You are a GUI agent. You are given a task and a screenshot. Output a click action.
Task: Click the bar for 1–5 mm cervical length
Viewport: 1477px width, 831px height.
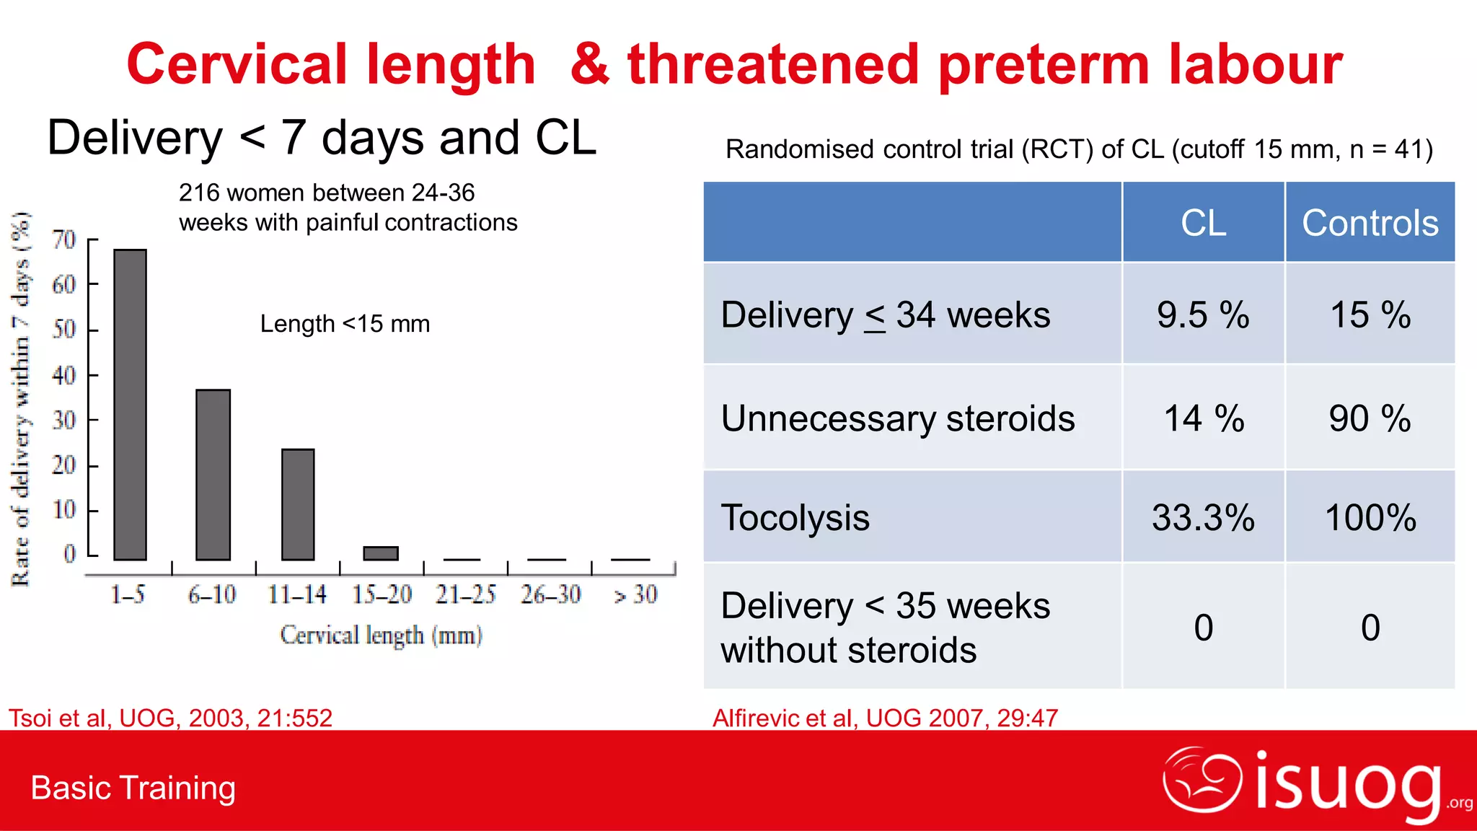[131, 405]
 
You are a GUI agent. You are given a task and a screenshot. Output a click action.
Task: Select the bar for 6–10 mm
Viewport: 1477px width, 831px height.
[213, 475]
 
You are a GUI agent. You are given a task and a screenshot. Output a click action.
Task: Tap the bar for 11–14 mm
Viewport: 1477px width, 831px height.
[298, 504]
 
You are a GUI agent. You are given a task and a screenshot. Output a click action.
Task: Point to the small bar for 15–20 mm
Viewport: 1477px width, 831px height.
[381, 553]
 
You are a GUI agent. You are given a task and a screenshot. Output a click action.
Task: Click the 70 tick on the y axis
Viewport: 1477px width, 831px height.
[64, 240]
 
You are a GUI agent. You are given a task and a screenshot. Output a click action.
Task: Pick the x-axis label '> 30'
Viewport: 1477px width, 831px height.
[635, 594]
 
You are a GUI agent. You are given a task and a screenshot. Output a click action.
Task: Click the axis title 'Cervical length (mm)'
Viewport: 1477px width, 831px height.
[381, 636]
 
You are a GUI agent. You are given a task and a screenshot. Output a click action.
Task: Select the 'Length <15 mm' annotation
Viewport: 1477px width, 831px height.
[345, 324]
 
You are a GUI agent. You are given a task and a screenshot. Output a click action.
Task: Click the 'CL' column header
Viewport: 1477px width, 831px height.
[1203, 223]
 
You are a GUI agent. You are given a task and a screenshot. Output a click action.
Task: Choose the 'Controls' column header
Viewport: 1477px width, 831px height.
[1370, 223]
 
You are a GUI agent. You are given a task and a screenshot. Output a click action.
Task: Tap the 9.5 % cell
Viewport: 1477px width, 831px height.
[1203, 315]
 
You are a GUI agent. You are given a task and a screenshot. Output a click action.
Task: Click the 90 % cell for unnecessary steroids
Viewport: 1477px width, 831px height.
[1370, 419]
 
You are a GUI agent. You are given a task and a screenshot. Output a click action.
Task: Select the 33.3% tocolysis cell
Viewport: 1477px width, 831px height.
[1203, 518]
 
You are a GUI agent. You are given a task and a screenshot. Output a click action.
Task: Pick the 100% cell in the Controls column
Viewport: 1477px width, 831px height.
[1370, 518]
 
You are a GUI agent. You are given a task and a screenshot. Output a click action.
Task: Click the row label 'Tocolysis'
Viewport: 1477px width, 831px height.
[795, 518]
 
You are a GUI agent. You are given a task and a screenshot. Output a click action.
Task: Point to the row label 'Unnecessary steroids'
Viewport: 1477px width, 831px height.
[898, 419]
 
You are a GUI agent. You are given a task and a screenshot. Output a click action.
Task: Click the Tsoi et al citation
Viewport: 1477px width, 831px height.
[170, 718]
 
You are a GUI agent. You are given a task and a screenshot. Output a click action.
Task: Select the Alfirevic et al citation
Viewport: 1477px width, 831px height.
[885, 718]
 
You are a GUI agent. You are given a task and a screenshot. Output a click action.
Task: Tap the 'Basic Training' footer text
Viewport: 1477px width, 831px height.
[133, 788]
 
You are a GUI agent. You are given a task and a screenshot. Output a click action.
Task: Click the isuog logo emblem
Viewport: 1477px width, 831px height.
[1202, 781]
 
